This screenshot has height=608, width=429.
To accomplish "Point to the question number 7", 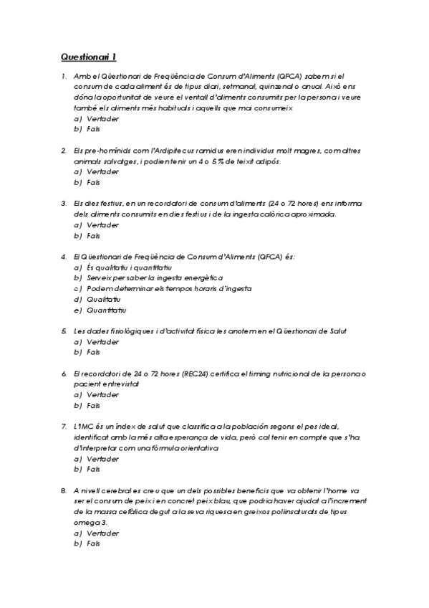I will [x=64, y=426].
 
